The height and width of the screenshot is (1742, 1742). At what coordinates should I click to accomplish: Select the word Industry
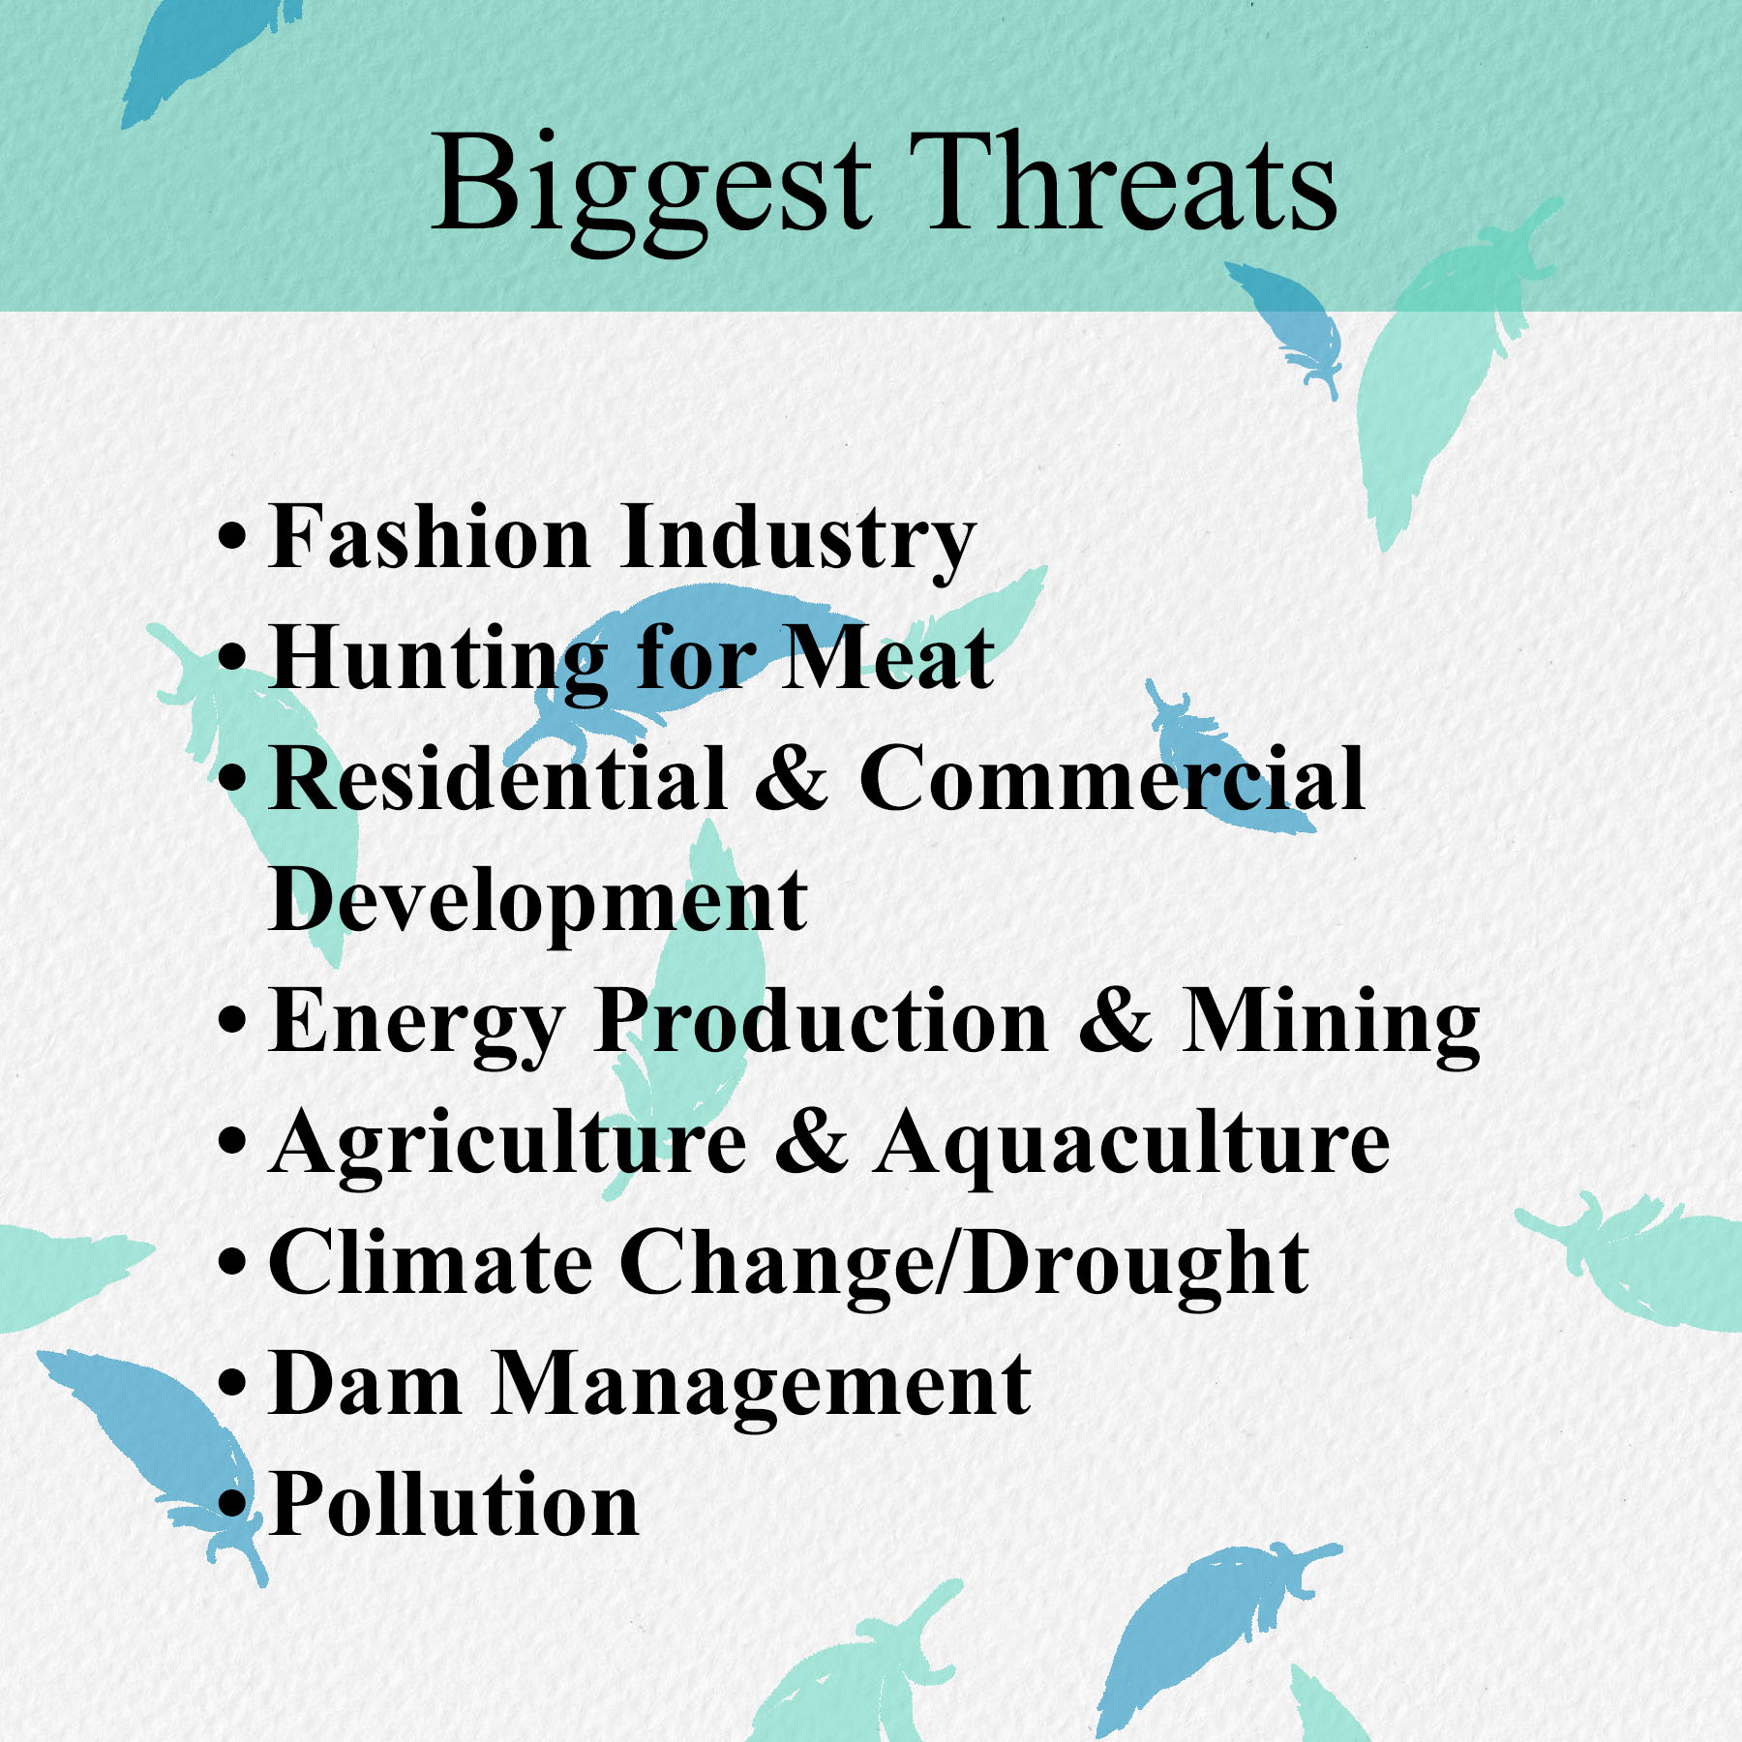pos(798,543)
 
